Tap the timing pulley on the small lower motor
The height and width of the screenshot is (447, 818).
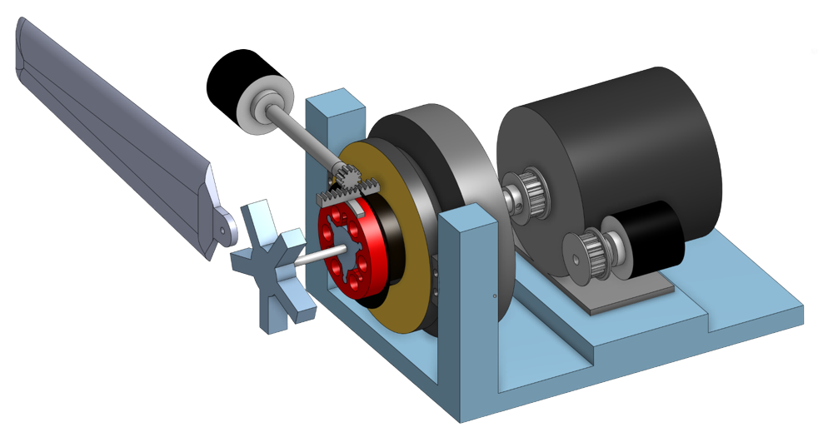point(583,250)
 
